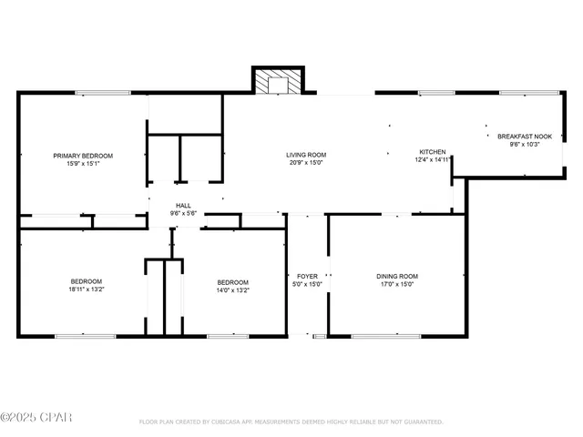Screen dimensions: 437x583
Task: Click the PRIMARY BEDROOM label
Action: point(83,156)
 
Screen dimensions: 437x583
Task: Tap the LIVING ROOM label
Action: point(306,155)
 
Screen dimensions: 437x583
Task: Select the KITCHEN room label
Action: point(432,151)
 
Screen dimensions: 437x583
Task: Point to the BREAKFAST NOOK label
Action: point(525,136)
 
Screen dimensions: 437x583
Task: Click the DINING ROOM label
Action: point(396,276)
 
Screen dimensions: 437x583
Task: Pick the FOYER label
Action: point(307,276)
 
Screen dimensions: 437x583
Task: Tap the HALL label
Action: point(183,206)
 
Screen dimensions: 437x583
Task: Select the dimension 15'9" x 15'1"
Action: point(83,164)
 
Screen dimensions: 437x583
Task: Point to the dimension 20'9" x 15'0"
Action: point(306,163)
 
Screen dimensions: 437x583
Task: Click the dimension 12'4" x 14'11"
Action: point(432,159)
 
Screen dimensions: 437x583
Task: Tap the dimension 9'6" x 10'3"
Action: point(525,144)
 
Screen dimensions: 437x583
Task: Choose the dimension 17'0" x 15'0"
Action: point(396,284)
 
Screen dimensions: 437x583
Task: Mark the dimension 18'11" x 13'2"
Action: point(87,290)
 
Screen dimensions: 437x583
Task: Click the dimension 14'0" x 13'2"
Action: point(232,290)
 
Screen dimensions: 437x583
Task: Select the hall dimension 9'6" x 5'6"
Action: point(183,214)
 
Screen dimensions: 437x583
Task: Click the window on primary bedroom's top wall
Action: point(102,92)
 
